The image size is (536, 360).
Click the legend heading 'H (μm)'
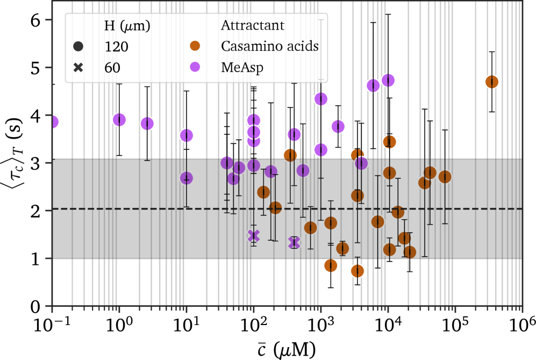[x=127, y=26]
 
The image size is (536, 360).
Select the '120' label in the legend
[x=116, y=47]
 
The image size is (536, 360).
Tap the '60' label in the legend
[x=112, y=68]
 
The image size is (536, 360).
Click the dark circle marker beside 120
[x=78, y=47]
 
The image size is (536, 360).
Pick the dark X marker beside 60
[x=78, y=68]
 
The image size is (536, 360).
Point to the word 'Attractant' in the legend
[x=253, y=25]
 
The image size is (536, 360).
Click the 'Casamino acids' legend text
[x=270, y=46]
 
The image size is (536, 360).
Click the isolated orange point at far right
[x=491, y=82]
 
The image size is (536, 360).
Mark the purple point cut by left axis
[x=52, y=122]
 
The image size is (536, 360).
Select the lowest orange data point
[x=358, y=271]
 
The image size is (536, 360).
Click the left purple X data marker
[x=254, y=235]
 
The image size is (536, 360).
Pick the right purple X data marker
[x=294, y=242]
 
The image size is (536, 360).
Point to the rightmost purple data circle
[x=388, y=81]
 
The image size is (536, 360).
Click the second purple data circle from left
[x=119, y=119]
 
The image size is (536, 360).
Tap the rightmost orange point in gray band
[x=445, y=177]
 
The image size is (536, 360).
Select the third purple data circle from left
[x=147, y=123]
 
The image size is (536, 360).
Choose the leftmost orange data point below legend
[x=263, y=192]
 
